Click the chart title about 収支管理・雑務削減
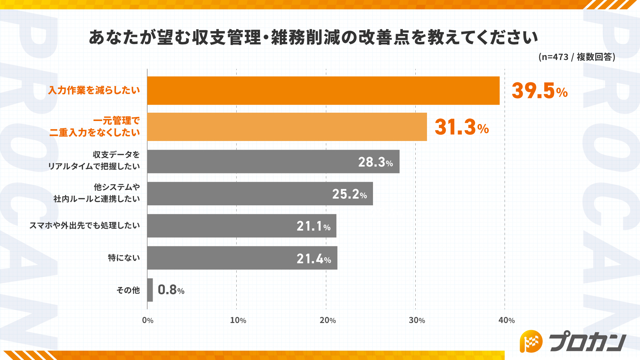313,37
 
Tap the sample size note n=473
577,57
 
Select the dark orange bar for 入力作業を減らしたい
323,91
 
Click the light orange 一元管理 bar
287,127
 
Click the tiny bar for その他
150,290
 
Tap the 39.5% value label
539,91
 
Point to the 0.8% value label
171,290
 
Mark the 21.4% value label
314,259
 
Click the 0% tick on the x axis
148,320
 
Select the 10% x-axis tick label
238,320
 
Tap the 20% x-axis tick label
327,320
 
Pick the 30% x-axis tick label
417,320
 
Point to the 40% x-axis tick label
506,320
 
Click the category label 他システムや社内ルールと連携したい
97,193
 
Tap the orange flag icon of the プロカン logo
531,341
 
